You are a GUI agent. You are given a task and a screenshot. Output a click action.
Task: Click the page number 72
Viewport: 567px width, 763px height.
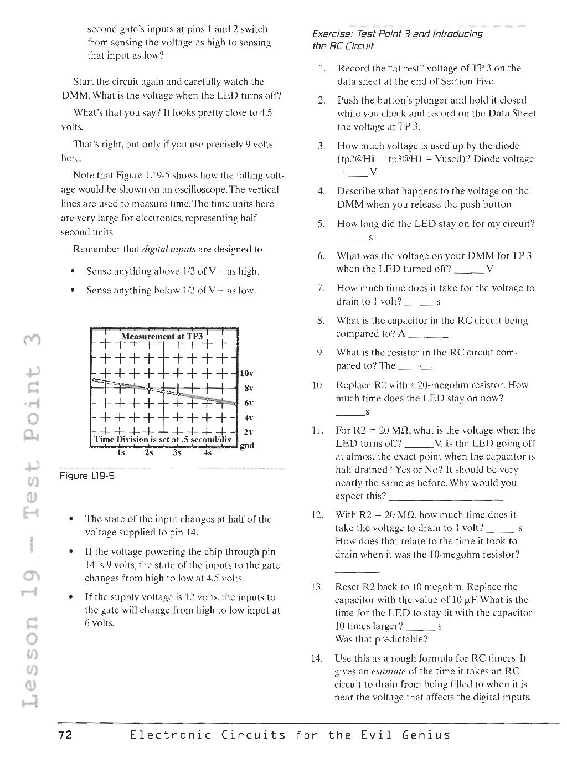click(x=65, y=735)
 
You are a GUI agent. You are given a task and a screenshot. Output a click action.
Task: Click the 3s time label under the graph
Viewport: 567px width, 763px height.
click(x=177, y=452)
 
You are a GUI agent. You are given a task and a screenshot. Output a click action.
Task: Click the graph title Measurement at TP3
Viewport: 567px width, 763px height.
click(x=162, y=337)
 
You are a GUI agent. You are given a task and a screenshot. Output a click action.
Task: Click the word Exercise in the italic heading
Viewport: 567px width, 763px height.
click(x=330, y=34)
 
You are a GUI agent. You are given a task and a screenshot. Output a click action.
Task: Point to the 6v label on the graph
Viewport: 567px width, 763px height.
click(x=248, y=403)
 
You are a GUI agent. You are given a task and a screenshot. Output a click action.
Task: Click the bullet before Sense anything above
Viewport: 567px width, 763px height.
click(x=73, y=272)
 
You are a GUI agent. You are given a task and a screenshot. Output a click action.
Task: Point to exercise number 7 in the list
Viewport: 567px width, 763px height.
click(x=321, y=288)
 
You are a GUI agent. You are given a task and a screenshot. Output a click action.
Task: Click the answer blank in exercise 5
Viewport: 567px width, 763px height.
click(x=350, y=239)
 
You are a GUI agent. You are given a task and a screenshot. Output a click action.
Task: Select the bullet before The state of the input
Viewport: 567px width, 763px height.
click(x=71, y=520)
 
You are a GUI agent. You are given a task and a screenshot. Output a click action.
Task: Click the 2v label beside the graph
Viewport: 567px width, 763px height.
click(x=248, y=431)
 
